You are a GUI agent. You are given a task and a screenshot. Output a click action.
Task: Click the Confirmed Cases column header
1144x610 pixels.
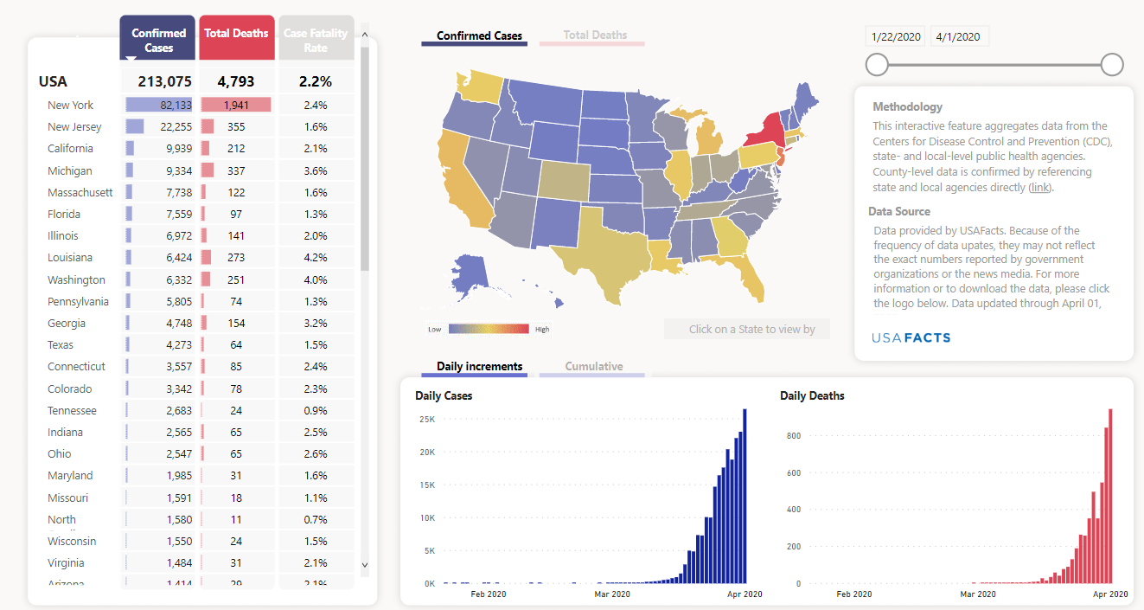tap(158, 40)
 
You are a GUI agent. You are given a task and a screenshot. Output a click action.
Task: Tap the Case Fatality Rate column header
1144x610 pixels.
tap(316, 40)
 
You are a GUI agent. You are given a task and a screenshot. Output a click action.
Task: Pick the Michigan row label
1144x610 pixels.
tap(70, 170)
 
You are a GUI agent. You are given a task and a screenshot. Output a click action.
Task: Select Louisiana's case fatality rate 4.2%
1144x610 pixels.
tap(316, 257)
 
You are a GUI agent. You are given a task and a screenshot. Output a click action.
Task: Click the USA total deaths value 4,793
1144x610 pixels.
tap(236, 81)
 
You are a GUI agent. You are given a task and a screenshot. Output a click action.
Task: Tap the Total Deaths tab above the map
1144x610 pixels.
tap(595, 35)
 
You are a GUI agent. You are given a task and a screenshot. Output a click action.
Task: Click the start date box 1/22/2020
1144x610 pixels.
tap(896, 36)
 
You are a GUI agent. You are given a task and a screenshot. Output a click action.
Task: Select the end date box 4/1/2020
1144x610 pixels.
tap(958, 36)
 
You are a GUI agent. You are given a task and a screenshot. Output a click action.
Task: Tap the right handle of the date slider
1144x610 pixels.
tap(1112, 64)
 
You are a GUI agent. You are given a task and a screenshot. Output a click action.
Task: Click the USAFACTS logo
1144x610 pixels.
tap(911, 337)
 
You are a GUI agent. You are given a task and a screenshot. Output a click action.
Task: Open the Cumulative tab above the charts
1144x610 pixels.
tap(594, 366)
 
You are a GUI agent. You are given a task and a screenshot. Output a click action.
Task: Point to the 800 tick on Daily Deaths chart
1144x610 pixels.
tap(794, 436)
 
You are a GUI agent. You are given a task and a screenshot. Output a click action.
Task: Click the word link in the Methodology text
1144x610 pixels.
tap(1039, 187)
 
